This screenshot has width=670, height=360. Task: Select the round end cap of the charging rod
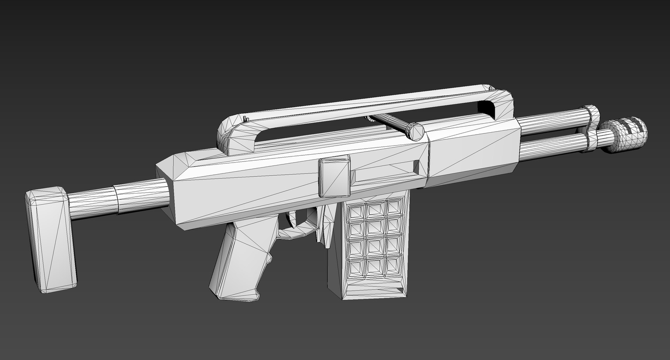tap(416, 131)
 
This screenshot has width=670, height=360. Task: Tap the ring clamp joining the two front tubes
tap(592, 127)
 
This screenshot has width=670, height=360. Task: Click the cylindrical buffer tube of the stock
tap(115, 198)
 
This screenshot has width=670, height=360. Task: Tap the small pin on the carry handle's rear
tap(245, 119)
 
